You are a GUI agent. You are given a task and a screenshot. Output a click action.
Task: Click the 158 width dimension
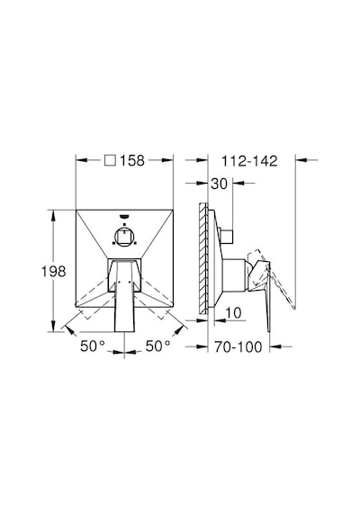[132, 160]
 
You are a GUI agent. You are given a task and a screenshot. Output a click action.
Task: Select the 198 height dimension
[54, 271]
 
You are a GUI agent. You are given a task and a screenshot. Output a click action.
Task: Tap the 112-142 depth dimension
[249, 161]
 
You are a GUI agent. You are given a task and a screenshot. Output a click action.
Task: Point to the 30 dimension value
[219, 184]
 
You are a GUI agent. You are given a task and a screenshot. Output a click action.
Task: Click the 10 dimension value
[233, 313]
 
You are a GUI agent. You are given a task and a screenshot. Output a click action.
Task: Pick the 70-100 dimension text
[238, 346]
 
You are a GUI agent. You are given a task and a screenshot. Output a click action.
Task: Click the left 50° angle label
[93, 346]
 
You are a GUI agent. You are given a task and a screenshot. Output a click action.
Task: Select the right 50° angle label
[157, 346]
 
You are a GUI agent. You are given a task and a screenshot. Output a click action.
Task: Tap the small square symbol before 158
[110, 160]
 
